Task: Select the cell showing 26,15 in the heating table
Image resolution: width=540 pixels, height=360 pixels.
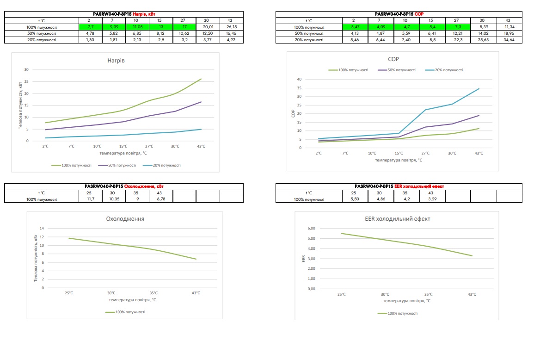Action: click(x=232, y=27)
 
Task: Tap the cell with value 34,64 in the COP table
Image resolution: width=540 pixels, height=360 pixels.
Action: click(x=509, y=40)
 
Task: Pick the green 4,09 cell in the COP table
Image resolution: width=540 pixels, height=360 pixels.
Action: click(x=381, y=27)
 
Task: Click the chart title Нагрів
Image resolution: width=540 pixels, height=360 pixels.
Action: click(x=116, y=61)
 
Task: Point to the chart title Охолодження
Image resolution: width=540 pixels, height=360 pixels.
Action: click(x=125, y=219)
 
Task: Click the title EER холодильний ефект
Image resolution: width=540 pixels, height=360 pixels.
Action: click(x=398, y=219)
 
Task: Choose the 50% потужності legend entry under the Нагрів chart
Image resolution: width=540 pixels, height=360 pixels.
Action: click(x=117, y=166)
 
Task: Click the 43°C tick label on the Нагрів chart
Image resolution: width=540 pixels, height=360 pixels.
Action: click(x=201, y=147)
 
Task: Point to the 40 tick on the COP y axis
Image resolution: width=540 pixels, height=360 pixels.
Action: click(x=299, y=79)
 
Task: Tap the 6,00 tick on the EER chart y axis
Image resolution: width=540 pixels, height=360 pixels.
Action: click(x=311, y=228)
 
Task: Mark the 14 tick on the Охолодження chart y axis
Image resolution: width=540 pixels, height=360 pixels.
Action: click(x=42, y=228)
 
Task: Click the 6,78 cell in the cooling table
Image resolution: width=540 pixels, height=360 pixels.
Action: click(x=161, y=199)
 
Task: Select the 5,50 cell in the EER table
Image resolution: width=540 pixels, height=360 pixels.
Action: click(x=355, y=199)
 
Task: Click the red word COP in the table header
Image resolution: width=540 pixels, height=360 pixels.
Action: click(x=419, y=14)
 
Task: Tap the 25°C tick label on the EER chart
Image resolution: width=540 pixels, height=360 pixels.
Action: click(x=341, y=294)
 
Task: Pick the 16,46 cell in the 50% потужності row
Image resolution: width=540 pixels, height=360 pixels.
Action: click(x=232, y=33)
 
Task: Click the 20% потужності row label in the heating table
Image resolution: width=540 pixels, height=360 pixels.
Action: click(x=42, y=40)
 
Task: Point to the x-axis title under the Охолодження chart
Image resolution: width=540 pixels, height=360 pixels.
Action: click(x=132, y=300)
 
